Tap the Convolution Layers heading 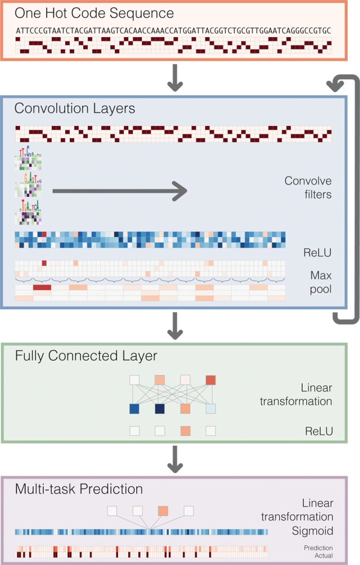[75, 108]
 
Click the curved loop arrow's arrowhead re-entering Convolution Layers [336, 85]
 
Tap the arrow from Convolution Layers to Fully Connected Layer [176, 329]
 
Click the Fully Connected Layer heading [86, 356]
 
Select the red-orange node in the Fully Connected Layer [211, 381]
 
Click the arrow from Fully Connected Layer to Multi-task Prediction [176, 461]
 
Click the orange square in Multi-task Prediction [163, 511]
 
